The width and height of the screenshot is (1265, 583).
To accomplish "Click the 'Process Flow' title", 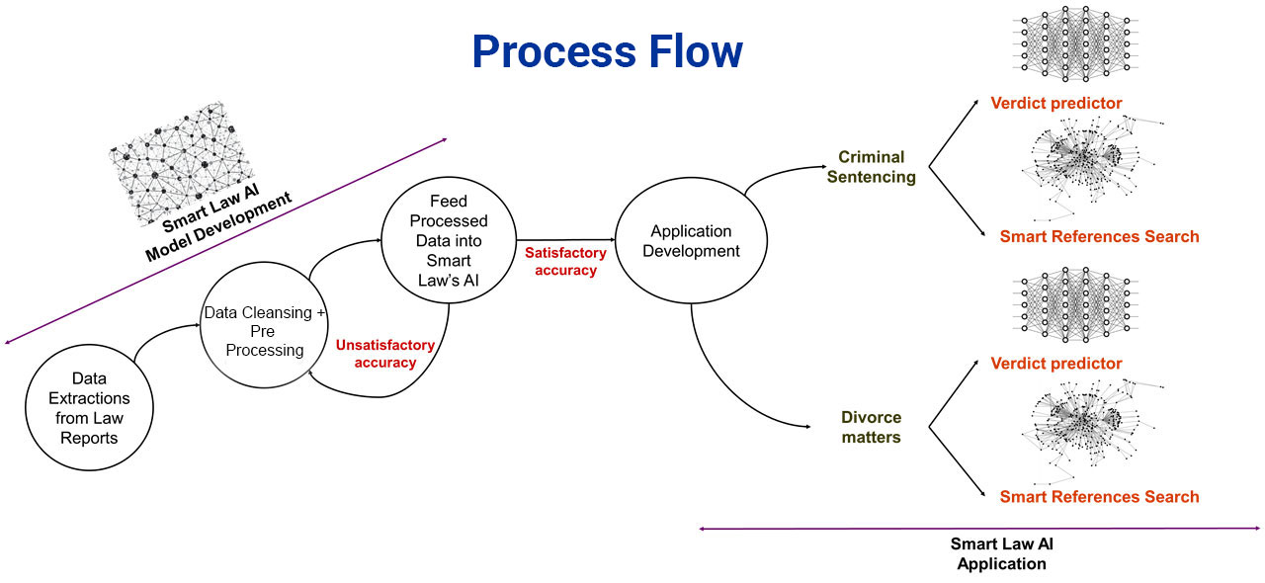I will pyautogui.click(x=607, y=51).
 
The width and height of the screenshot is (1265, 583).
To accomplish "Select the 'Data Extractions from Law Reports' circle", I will pyautogui.click(x=88, y=407).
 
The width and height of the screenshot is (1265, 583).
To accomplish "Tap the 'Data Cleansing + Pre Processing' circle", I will pyautogui.click(x=264, y=331).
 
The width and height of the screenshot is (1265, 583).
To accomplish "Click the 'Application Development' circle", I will pyautogui.click(x=691, y=241).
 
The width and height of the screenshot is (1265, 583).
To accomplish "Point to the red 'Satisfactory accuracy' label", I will pyautogui.click(x=565, y=262).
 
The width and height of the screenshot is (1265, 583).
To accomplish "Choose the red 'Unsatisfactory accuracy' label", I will pyautogui.click(x=384, y=354).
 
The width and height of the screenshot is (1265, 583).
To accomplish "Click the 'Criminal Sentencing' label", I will pyautogui.click(x=871, y=167).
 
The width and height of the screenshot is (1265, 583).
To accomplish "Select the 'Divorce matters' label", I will pyautogui.click(x=871, y=427).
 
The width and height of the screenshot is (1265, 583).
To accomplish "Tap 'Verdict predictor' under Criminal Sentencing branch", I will pyautogui.click(x=1056, y=103).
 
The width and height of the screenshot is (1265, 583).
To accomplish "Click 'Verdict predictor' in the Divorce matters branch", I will pyautogui.click(x=1056, y=364).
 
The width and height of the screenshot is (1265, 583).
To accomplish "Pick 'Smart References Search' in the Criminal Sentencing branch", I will pyautogui.click(x=1099, y=236).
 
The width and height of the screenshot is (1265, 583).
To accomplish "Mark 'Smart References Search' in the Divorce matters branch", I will pyautogui.click(x=1099, y=497).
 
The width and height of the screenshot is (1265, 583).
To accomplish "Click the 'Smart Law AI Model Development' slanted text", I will pyautogui.click(x=219, y=226).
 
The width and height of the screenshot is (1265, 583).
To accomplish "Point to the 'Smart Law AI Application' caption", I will pyautogui.click(x=1000, y=553).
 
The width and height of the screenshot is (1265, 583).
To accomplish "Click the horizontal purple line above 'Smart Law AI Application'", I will pyautogui.click(x=978, y=529).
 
